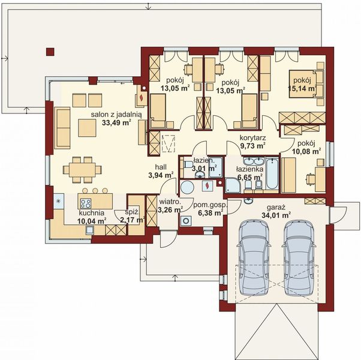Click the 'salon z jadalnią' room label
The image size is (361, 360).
point(116,115)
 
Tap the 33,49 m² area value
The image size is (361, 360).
point(116,122)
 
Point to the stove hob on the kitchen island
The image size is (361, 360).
point(86,203)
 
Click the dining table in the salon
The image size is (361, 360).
point(82,170)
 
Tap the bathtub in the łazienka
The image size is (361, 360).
point(272,173)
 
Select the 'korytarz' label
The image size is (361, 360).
point(253,138)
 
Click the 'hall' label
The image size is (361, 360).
point(161,167)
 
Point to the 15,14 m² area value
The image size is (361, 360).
point(302,88)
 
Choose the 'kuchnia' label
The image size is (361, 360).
point(91,213)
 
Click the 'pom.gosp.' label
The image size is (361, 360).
point(210,205)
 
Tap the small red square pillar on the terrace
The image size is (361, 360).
point(50,52)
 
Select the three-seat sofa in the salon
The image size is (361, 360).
point(62,128)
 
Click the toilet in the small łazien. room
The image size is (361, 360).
point(188,164)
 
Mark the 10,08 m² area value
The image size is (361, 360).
point(307,151)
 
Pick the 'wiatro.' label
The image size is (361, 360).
point(170,202)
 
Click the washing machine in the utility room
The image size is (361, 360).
point(185,220)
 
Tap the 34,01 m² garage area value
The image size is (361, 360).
point(276,215)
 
